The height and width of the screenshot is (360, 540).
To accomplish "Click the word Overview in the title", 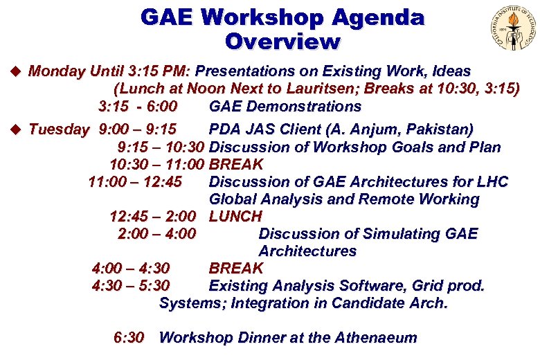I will (282, 42).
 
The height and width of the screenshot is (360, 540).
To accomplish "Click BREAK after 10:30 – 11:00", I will (235, 165).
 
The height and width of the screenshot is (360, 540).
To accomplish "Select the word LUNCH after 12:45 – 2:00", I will (235, 217).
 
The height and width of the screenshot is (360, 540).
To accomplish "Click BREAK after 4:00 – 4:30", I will (235, 269).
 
